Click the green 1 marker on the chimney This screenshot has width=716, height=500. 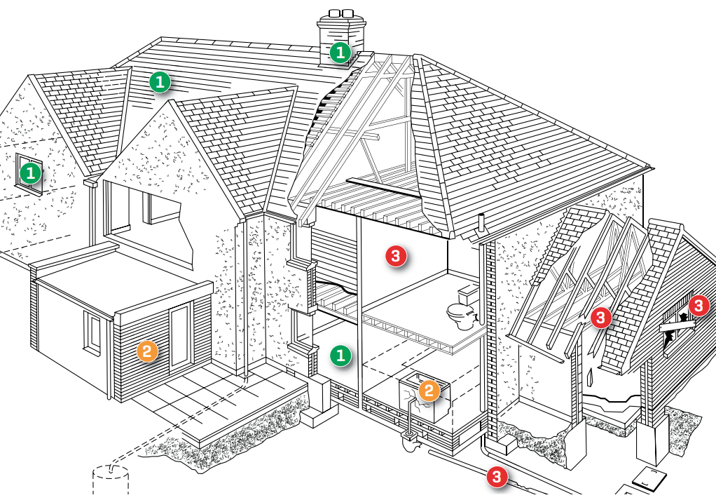click(x=340, y=53)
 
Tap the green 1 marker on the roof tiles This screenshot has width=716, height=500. click(x=160, y=83)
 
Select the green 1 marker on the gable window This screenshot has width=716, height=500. click(x=30, y=172)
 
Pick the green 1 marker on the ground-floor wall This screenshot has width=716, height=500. click(x=340, y=356)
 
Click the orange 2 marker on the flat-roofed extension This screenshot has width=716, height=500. click(x=148, y=351)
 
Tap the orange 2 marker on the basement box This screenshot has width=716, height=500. click(x=429, y=391)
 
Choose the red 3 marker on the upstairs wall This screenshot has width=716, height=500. click(x=397, y=257)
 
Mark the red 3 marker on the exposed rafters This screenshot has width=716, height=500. click(x=600, y=318)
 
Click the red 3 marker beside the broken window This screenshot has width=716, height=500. click(x=698, y=306)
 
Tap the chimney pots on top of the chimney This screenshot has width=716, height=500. click(x=339, y=14)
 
